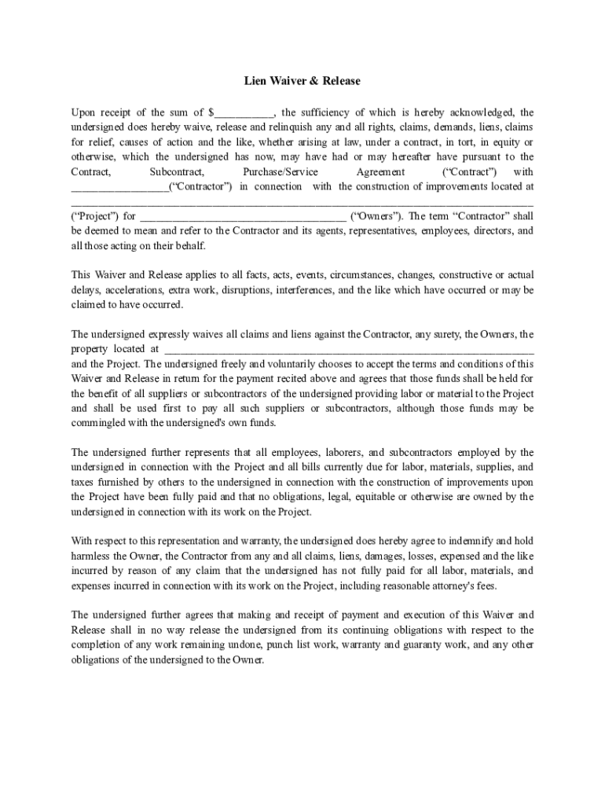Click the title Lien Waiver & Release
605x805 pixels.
(x=302, y=81)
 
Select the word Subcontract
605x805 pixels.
(x=177, y=172)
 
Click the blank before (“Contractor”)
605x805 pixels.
(x=119, y=187)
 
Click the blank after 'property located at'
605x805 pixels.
(x=349, y=349)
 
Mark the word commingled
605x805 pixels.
(x=104, y=423)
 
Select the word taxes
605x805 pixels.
(x=84, y=482)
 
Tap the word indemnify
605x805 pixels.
(x=468, y=541)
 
